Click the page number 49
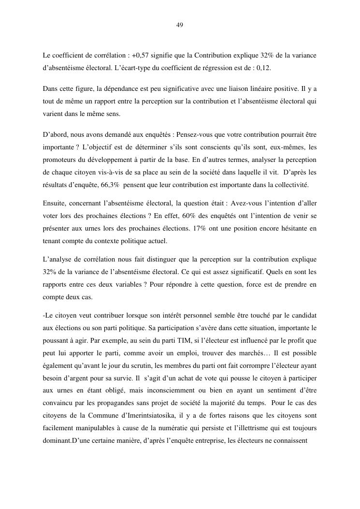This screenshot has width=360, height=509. click(180, 25)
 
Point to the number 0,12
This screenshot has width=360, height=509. click(263, 68)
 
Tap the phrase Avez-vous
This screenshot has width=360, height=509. click(250, 203)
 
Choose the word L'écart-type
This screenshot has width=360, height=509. click(132, 68)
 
